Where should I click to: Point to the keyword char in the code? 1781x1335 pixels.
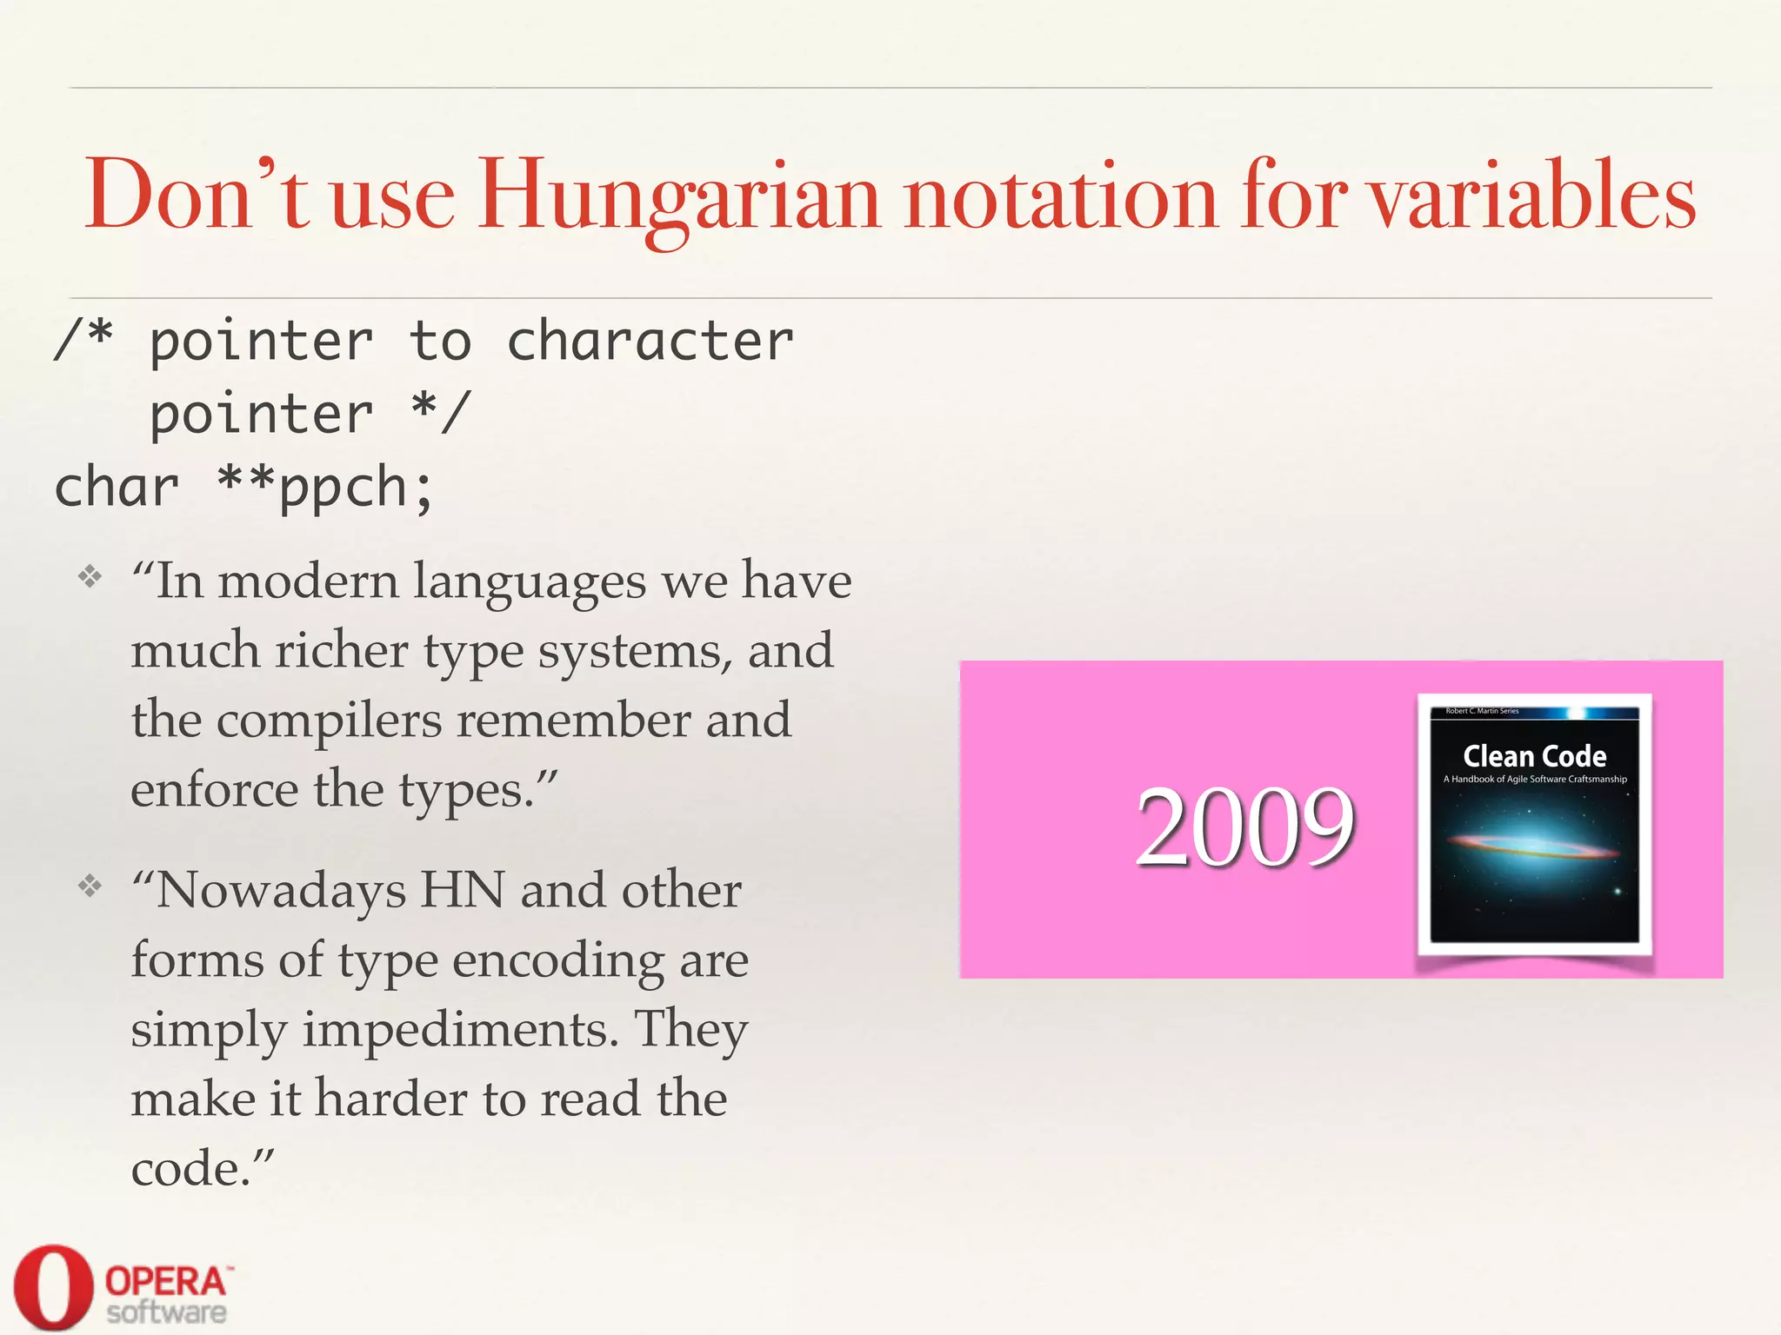point(117,488)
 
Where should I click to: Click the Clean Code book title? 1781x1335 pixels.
point(1534,755)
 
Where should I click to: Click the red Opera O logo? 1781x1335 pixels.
point(53,1286)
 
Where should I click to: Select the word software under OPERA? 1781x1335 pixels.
point(166,1312)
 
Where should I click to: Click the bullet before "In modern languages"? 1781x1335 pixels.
point(90,576)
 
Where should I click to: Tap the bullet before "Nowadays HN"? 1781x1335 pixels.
point(90,886)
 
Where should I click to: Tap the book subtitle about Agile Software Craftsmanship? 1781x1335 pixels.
point(1535,779)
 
